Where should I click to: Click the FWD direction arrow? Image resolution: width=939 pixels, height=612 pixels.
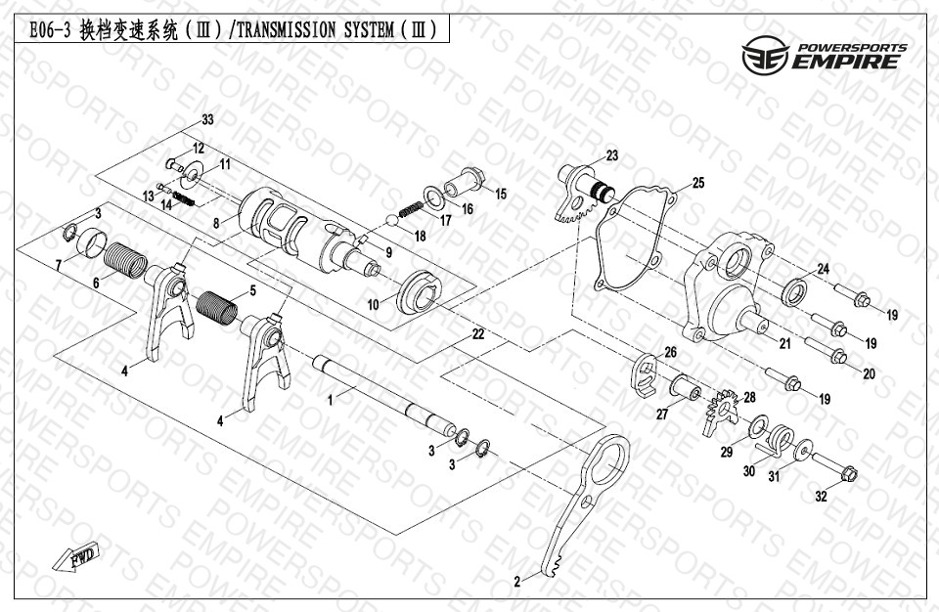pos(75,557)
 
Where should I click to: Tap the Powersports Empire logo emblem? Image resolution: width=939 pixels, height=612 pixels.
pos(765,55)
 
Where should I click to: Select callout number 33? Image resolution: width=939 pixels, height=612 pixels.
pos(207,120)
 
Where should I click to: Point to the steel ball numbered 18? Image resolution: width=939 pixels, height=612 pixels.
pos(391,220)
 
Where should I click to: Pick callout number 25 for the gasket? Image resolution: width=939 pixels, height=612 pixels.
pos(698,183)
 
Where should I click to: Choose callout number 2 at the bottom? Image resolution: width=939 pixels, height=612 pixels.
pos(517,581)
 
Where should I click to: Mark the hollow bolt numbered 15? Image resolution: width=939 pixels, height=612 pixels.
pos(465,180)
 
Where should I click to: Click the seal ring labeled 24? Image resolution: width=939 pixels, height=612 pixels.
pos(794,291)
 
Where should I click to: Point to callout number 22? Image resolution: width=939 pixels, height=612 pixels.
pos(478,334)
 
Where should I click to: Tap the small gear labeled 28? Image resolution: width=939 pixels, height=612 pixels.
pos(721,413)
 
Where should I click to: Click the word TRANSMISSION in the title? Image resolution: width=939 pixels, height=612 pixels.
pos(288,30)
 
